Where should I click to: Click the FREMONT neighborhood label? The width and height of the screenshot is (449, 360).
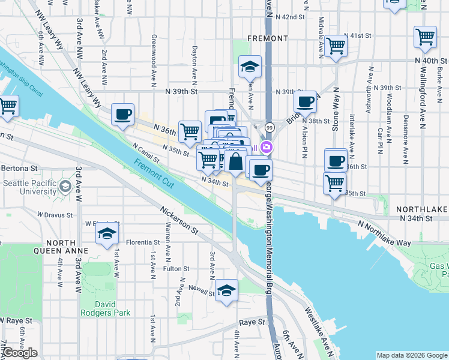[268, 38]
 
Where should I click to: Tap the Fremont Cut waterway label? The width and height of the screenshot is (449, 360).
[154, 175]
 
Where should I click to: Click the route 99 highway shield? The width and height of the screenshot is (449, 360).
[269, 127]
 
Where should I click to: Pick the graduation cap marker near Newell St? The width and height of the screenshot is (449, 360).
[226, 291]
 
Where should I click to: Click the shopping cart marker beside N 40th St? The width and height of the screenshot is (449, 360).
[425, 37]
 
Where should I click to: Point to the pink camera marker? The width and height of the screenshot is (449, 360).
[266, 147]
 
